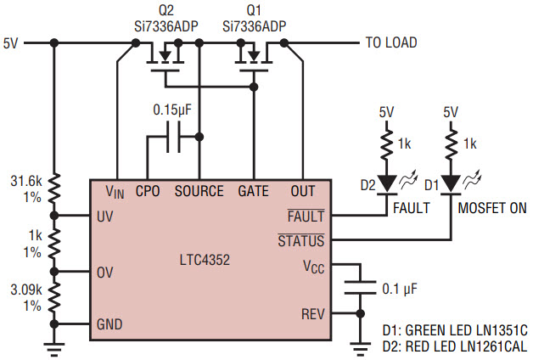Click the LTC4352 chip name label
(205, 260)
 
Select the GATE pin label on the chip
(253, 191)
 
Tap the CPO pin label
(148, 191)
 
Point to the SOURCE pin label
(199, 191)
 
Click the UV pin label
(104, 217)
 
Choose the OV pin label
(104, 273)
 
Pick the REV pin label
(312, 314)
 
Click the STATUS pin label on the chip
(301, 240)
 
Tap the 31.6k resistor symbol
(54, 188)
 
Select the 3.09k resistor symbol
(54, 297)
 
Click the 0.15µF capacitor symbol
(173, 137)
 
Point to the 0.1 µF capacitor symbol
(361, 287)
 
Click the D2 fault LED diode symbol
(387, 184)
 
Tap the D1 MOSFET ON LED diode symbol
(451, 184)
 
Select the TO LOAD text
(391, 42)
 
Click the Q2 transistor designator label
(166, 10)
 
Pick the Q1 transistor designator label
(254, 10)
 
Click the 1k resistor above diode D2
(387, 144)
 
